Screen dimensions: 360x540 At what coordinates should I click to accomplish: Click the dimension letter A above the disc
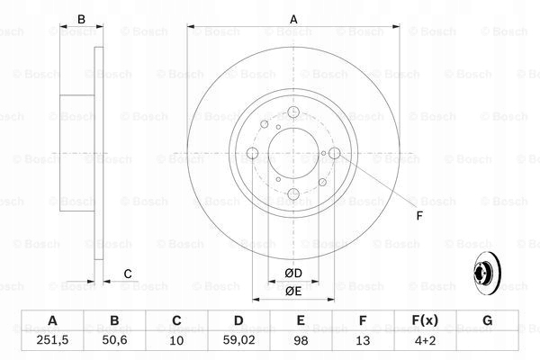pyautogui.click(x=293, y=19)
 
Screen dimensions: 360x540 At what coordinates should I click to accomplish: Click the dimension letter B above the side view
pyautogui.click(x=80, y=19)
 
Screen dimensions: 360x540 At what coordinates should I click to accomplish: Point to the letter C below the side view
pyautogui.click(x=127, y=274)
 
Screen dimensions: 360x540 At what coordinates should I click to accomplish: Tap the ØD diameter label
pyautogui.click(x=293, y=273)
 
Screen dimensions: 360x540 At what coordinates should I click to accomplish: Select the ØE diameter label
pyautogui.click(x=293, y=291)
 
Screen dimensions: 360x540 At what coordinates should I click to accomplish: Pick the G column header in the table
pyautogui.click(x=486, y=320)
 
